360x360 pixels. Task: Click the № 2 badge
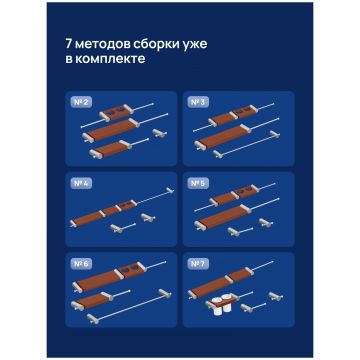pos(81,102)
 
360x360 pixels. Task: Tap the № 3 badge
pos(198,102)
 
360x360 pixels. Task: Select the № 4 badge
pos(81,184)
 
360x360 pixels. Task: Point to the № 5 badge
pos(198,184)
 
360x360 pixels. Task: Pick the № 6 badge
pos(81,264)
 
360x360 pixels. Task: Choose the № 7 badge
pos(198,264)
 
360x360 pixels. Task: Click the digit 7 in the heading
pos(67,45)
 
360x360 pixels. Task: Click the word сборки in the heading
pos(150,45)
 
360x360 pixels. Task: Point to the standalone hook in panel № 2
pos(160,133)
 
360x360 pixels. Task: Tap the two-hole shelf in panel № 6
pos(131,270)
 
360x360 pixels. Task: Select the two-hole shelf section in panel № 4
pos(127,206)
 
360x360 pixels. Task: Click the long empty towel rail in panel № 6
pos(129,306)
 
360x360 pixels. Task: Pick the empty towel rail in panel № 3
pos(247,144)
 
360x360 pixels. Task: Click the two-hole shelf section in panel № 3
pos(246,112)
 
